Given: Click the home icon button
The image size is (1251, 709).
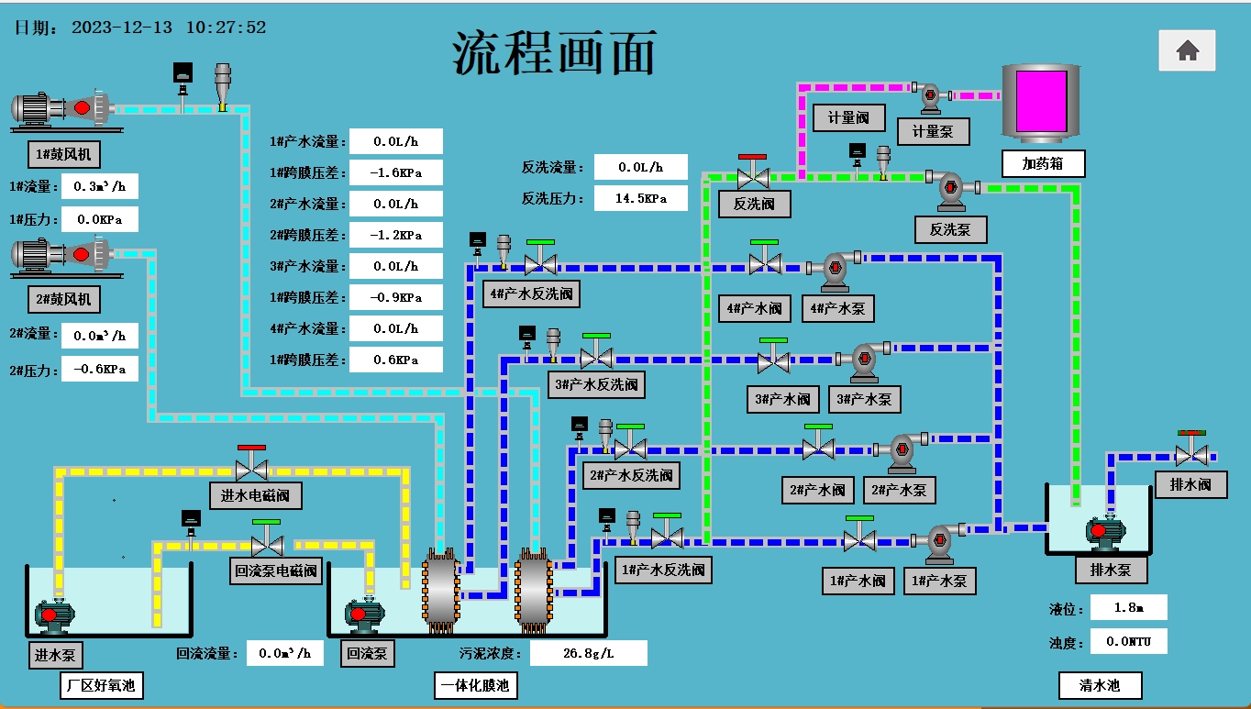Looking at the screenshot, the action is coord(1187,50).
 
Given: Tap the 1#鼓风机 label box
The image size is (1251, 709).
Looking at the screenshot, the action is coord(64,154).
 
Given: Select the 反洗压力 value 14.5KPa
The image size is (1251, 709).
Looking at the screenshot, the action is coord(640,198).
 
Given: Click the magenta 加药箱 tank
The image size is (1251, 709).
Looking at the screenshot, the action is coord(1041,102).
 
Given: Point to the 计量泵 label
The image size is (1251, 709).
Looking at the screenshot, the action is coord(934,131).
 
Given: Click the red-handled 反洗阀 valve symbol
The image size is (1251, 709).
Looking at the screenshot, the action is coord(753,172).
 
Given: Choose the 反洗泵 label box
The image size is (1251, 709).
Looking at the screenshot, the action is coord(950,229).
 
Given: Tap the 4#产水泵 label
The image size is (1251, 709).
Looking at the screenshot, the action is coord(837,308).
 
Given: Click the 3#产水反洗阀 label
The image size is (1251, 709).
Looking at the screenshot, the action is coord(596,384).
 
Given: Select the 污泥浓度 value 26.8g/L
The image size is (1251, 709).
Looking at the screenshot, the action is coord(589,653).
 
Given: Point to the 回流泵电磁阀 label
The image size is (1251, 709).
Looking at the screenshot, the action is coord(276,571).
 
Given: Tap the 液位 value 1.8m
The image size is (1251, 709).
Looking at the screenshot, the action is coord(1129,607).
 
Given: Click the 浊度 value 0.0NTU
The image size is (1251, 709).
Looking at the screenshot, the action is coord(1129,641).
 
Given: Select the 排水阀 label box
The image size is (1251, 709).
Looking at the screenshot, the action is coord(1190,484).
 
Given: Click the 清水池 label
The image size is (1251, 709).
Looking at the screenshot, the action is coord(1101,685).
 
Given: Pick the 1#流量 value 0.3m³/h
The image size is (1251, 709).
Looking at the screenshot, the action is coord(99,186).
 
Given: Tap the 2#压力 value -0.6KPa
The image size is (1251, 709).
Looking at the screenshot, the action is coord(99,369).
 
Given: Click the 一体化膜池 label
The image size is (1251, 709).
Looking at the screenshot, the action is coord(476,685).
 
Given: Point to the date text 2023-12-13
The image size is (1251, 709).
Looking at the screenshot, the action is coord(122,28).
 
